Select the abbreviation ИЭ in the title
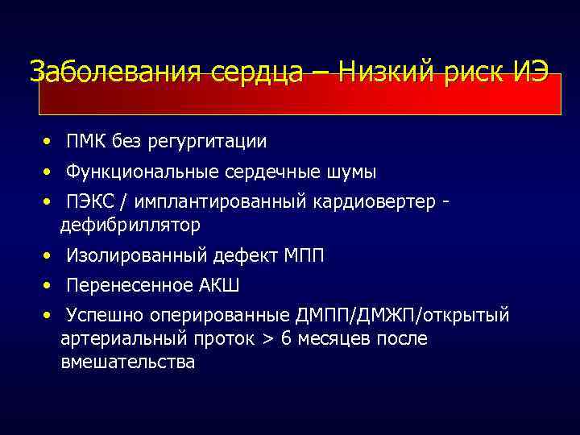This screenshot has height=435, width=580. (530, 72)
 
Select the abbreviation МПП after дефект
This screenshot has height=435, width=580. (304, 256)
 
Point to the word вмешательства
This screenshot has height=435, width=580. (127, 363)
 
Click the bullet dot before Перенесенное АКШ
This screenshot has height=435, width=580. (50, 285)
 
